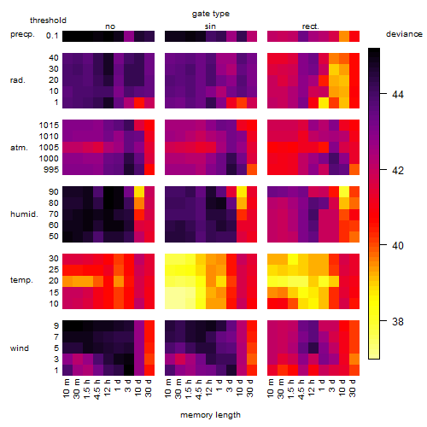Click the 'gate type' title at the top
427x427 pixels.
[211, 14]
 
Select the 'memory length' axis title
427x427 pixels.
[210, 415]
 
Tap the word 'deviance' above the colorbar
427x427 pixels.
[404, 34]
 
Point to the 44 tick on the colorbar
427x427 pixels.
[398, 94]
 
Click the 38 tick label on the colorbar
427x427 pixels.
[398, 322]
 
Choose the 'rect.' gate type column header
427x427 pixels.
[310, 26]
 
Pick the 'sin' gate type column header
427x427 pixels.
[210, 26]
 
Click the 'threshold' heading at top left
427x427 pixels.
[48, 20]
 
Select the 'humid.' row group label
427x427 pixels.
[24, 214]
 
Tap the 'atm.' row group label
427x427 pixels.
[19, 148]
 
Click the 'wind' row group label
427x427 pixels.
[20, 348]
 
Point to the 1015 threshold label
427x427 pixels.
[49, 126]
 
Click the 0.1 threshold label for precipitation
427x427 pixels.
[52, 36]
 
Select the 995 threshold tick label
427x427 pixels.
[51, 170]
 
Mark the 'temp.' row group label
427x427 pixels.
[21, 280]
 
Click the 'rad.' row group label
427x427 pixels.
[18, 80]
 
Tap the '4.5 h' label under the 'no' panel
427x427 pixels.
[97, 389]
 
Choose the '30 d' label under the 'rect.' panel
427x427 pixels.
[352, 388]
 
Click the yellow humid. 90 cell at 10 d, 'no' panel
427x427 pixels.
[139, 192]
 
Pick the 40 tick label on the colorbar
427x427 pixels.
[398, 246]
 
